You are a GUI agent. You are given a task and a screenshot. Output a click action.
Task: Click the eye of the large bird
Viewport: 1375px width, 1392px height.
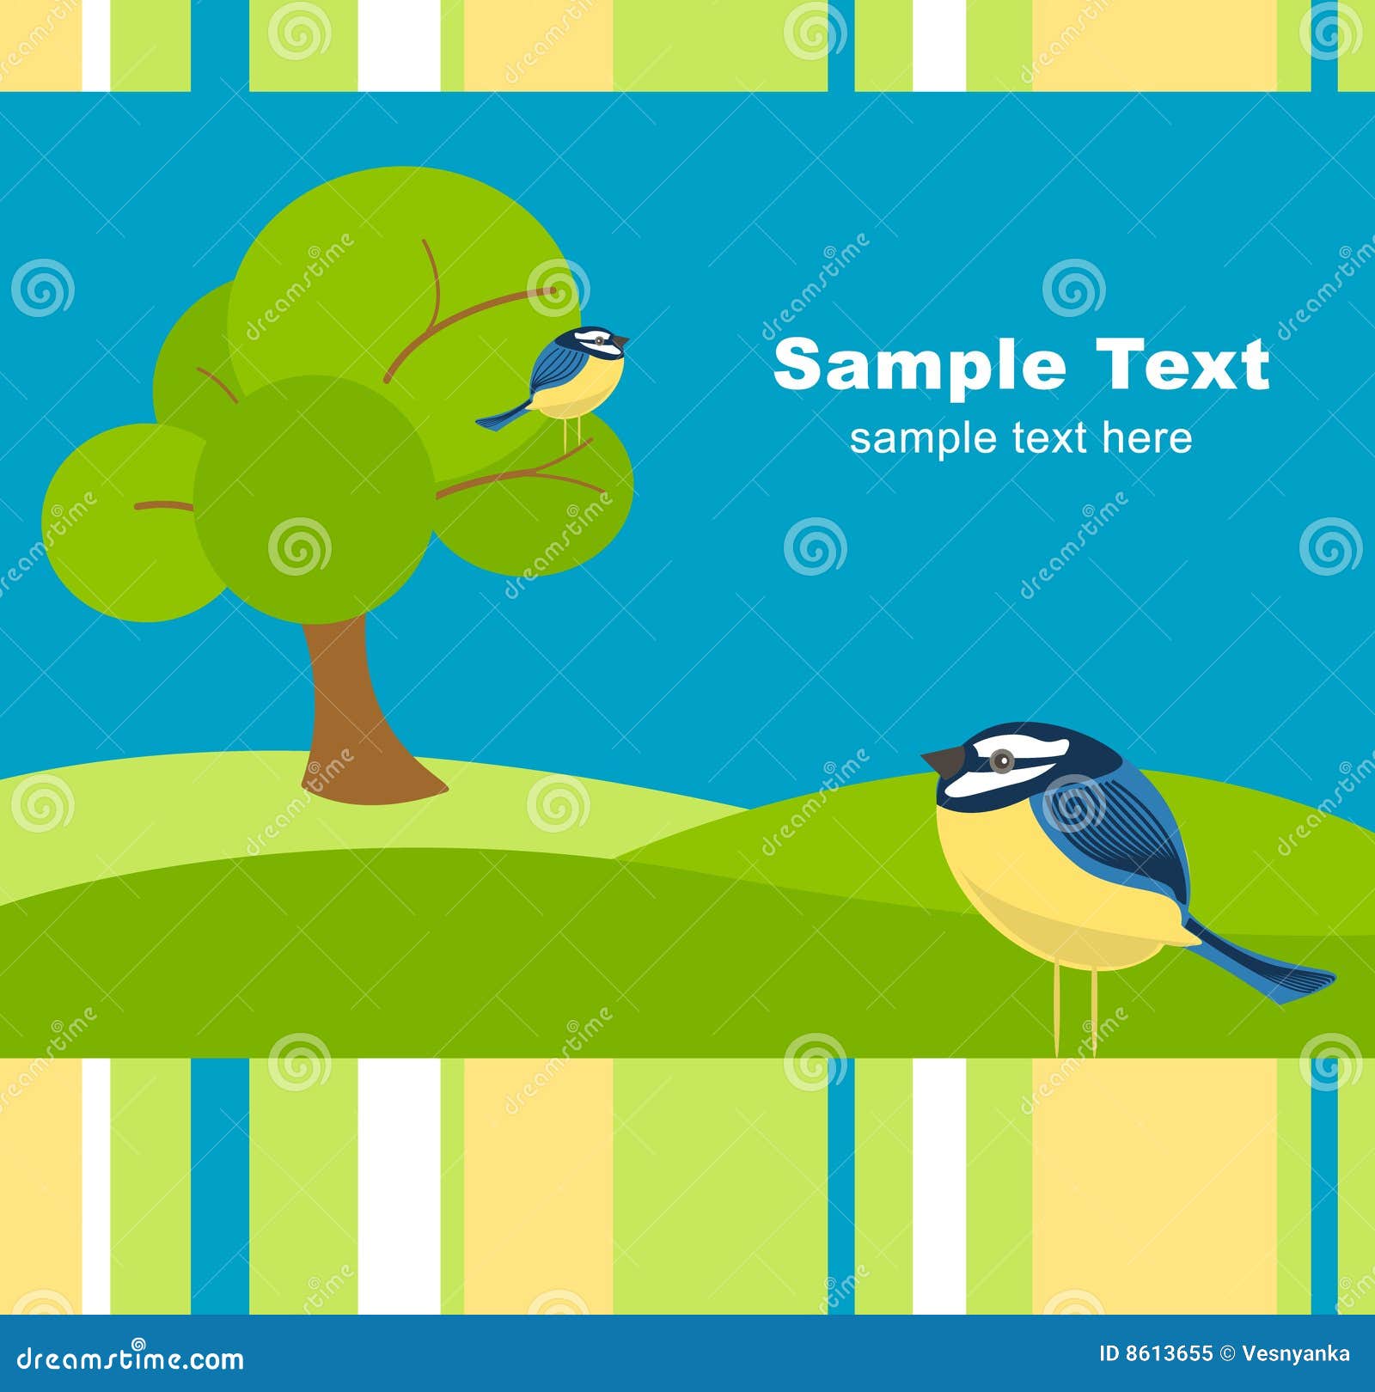point(1000,760)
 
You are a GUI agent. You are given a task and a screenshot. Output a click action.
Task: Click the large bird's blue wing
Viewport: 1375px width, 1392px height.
point(1117,833)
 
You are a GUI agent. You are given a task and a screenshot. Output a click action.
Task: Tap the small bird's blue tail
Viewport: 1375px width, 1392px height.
point(503,418)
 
